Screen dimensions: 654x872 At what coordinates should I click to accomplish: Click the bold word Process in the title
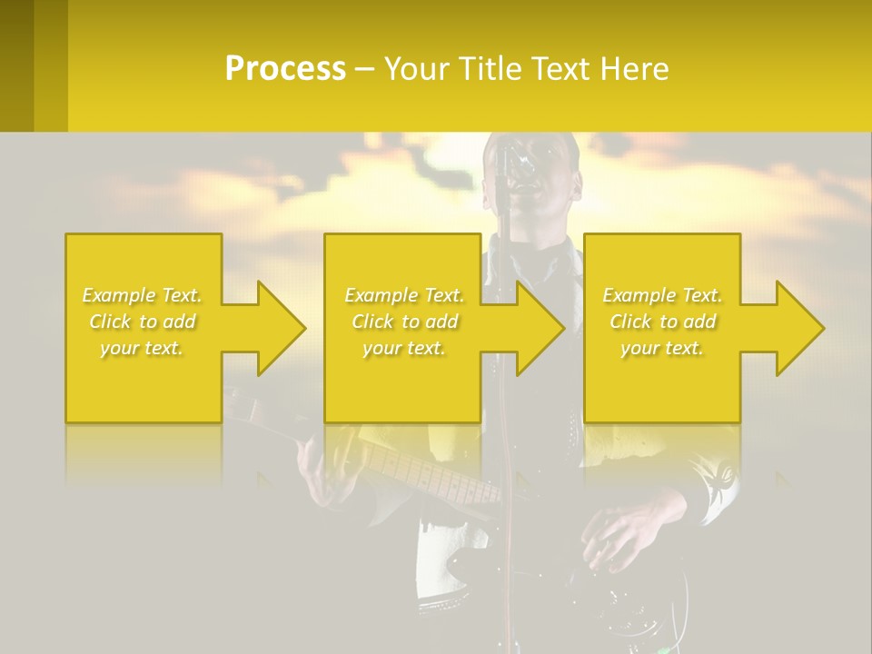click(x=285, y=69)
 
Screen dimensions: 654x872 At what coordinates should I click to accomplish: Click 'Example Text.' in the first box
click(x=143, y=295)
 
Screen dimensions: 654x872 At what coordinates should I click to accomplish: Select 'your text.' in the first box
click(x=143, y=348)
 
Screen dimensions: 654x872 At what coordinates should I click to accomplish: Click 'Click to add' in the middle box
click(x=404, y=322)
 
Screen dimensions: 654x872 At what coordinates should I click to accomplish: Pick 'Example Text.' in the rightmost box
click(x=662, y=295)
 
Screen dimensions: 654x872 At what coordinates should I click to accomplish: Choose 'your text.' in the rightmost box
click(x=662, y=348)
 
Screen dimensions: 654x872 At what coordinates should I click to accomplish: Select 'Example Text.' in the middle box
click(x=404, y=295)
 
